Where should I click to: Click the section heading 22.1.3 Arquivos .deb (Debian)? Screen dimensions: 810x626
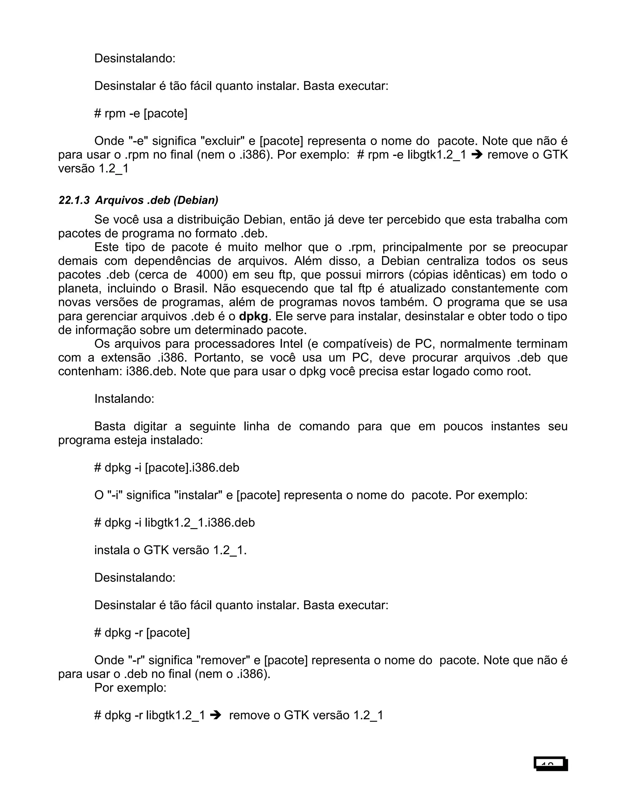(138, 200)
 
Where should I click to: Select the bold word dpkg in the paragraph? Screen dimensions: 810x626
(253, 316)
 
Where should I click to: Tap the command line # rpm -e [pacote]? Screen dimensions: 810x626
(141, 113)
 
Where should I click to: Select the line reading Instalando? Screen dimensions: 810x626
(124, 399)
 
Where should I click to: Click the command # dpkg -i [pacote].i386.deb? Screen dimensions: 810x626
(167, 468)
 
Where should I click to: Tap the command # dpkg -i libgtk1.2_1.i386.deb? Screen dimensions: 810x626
(175, 523)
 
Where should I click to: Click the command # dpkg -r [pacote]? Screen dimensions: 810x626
(142, 633)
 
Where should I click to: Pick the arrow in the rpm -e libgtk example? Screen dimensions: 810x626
(477, 155)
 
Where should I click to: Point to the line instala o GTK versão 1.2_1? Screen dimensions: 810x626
(170, 550)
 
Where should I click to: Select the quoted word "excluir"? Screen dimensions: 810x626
(223, 141)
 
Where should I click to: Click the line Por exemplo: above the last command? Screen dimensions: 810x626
(130, 688)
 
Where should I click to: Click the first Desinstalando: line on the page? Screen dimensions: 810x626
(134, 58)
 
